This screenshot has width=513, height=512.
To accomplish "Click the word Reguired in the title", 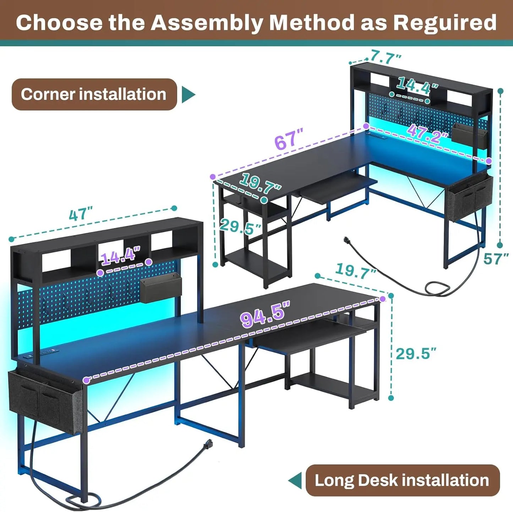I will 444,23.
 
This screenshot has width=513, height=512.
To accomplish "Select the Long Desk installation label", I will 402,480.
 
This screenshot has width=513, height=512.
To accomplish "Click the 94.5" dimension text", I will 264,314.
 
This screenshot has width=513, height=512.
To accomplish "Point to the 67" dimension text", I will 288,140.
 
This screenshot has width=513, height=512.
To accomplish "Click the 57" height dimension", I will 496,259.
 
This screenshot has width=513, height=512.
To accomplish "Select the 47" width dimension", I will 81,214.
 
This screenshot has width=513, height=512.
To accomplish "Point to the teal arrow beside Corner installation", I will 188,94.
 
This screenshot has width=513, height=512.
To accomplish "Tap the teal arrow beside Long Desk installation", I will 295,480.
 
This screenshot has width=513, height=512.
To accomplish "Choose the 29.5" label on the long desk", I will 415,354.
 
